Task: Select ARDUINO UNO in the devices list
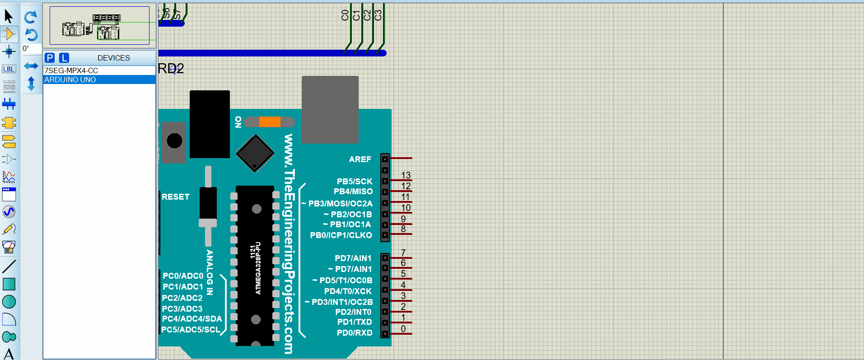(x=70, y=79)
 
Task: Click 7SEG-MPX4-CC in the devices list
(x=71, y=70)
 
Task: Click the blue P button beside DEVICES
(x=50, y=58)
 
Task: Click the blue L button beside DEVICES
(x=64, y=58)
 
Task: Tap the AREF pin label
(x=360, y=159)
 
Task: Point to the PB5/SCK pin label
(x=355, y=181)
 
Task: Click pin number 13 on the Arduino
(x=406, y=175)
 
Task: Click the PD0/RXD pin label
(x=355, y=333)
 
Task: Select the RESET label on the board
(x=176, y=197)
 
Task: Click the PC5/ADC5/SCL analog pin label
(x=191, y=330)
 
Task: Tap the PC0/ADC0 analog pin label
(x=183, y=276)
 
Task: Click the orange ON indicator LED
(x=270, y=122)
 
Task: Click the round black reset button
(x=174, y=141)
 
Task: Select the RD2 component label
(x=171, y=69)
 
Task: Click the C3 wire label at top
(x=378, y=15)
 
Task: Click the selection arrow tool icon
(x=9, y=16)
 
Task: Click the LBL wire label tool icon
(x=9, y=69)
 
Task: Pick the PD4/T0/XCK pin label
(x=348, y=291)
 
